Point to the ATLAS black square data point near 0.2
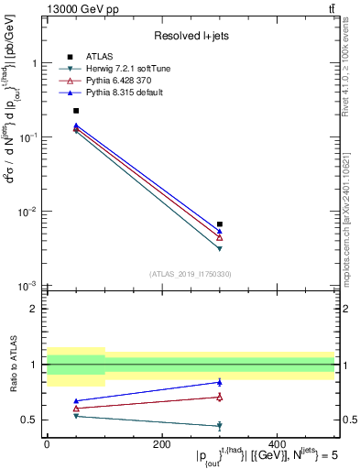pyautogui.click(x=76, y=111)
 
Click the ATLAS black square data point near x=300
pyautogui.click(x=220, y=224)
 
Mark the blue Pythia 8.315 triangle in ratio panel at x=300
pyautogui.click(x=220, y=382)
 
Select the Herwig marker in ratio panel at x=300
pyautogui.click(x=220, y=426)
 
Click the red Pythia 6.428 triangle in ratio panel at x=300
pyautogui.click(x=220, y=397)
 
